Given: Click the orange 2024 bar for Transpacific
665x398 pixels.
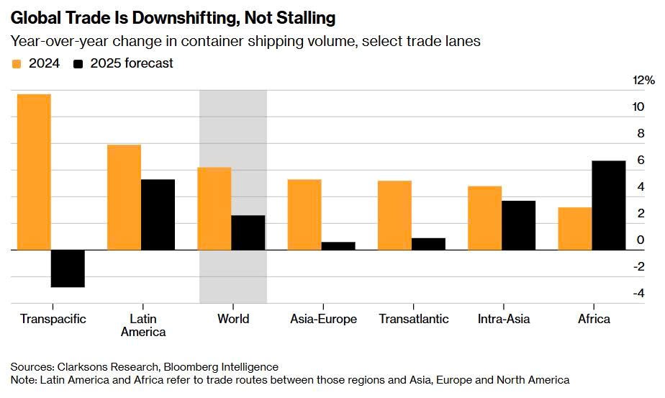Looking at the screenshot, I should [34, 172].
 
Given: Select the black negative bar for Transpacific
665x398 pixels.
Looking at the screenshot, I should [68, 268].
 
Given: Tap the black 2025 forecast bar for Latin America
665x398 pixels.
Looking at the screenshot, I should [158, 214].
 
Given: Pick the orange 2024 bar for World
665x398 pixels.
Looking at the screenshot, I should [214, 209].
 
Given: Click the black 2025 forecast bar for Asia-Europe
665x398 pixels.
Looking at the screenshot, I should [338, 245].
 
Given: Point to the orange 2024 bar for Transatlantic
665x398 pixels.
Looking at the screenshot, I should [394, 215].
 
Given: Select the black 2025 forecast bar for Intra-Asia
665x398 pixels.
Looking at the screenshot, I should [518, 225].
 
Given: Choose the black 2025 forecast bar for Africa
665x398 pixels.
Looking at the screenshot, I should [609, 205].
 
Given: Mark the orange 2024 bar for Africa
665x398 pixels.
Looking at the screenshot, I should [575, 229].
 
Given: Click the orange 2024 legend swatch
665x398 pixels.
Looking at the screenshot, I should [17, 64].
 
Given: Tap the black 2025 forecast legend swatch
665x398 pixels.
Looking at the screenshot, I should [78, 64].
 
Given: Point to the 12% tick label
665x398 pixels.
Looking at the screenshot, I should [643, 80].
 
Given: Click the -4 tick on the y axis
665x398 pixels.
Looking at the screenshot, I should [638, 293].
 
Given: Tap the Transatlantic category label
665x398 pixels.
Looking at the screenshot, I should [413, 319].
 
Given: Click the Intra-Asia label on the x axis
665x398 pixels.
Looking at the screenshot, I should [502, 319].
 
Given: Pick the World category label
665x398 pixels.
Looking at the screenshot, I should [232, 319].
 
